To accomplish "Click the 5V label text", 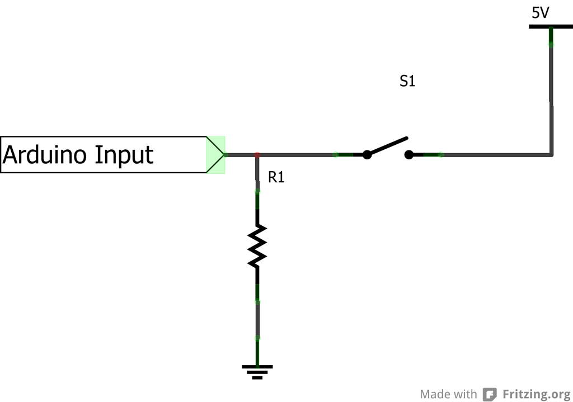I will pyautogui.click(x=540, y=12).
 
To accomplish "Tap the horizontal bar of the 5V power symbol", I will pyautogui.click(x=551, y=26).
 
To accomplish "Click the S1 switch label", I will pyautogui.click(x=407, y=82).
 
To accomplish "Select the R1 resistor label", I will pyautogui.click(x=276, y=178).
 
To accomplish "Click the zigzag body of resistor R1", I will pyautogui.click(x=257, y=245).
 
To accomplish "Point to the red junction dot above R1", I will pyautogui.click(x=257, y=154).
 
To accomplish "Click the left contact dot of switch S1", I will pyautogui.click(x=367, y=155).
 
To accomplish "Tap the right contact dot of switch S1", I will pyautogui.click(x=410, y=155).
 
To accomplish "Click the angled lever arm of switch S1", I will pyautogui.click(x=388, y=145).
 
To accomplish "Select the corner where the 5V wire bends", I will pyautogui.click(x=551, y=154).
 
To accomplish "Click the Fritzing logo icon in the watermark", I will pyautogui.click(x=490, y=394).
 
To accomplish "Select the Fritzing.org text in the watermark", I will pyautogui.click(x=536, y=394).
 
